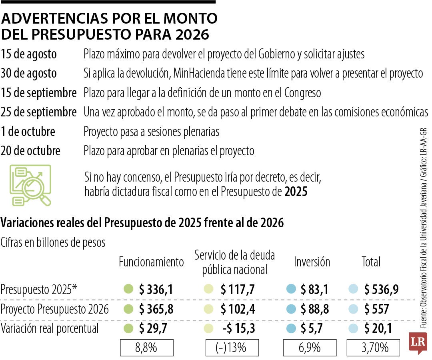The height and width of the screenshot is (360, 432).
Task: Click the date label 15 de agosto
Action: coord(29,54)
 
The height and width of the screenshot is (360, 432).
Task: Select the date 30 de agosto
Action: coord(29,74)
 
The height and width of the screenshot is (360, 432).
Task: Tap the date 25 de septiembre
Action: coord(39,112)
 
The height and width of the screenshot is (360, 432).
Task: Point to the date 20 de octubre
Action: coord(31,151)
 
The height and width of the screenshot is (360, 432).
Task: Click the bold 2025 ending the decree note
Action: coord(296,192)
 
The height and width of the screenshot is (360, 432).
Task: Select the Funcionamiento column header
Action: coord(151,262)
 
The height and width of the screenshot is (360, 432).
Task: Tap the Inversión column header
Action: coord(312,262)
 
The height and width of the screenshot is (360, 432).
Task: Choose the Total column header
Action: coord(371,262)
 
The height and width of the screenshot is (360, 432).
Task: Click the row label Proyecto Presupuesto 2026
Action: coord(55,309)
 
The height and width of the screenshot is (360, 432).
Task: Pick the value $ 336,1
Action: coord(156,290)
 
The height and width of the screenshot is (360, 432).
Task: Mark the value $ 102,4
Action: coord(238,309)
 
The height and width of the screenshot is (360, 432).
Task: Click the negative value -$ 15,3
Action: coord(239,328)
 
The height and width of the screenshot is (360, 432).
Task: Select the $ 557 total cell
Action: coord(376,309)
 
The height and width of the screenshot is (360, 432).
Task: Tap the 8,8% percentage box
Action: coord(147,348)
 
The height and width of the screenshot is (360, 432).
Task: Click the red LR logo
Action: coord(417,342)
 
